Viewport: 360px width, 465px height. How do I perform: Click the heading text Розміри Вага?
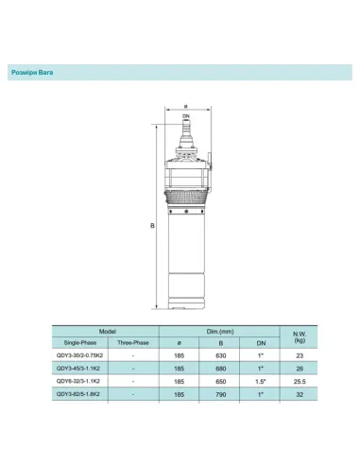click(x=36, y=71)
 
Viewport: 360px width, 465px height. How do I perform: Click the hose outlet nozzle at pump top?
click(x=186, y=125)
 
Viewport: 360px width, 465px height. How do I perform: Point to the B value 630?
click(x=220, y=355)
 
